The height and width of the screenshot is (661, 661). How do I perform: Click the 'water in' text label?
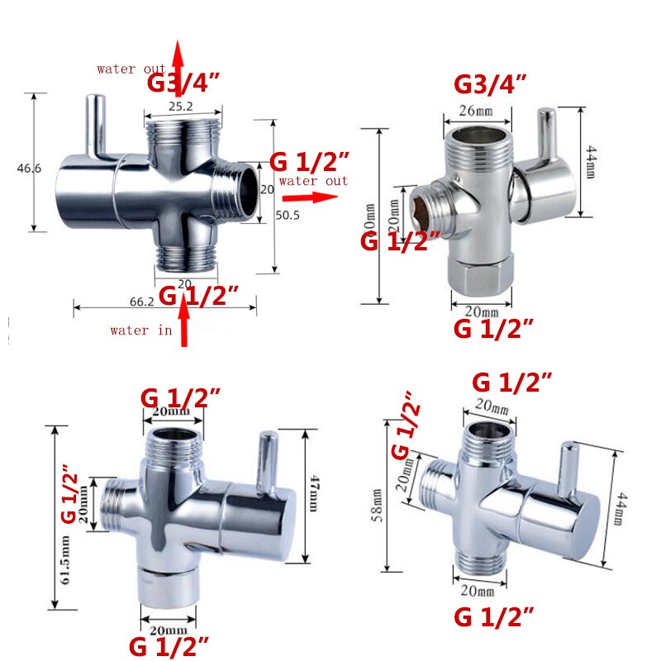pos(141,330)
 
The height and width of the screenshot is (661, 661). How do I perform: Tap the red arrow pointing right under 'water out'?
pos(310,197)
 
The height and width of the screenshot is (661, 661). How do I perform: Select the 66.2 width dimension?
pos(143,302)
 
